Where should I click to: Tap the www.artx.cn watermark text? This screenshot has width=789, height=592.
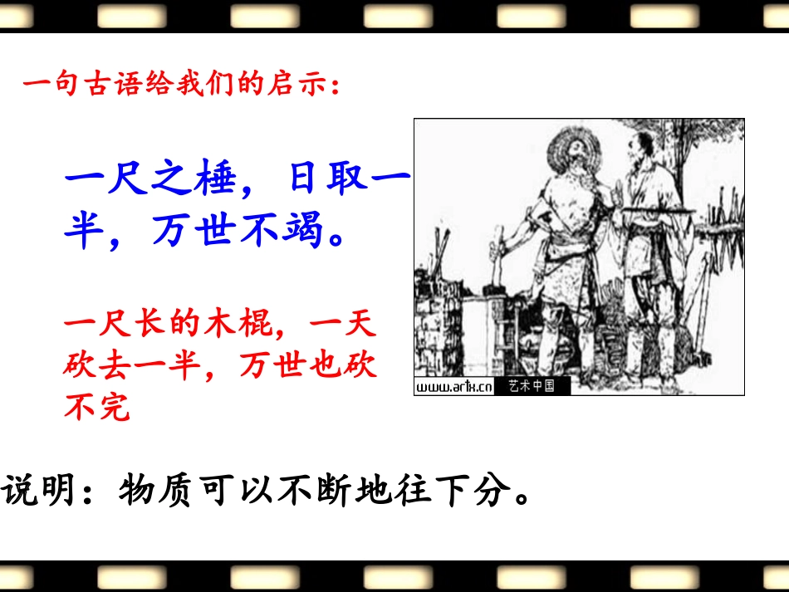pyautogui.click(x=453, y=387)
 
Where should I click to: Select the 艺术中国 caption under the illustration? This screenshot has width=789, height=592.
pyautogui.click(x=532, y=387)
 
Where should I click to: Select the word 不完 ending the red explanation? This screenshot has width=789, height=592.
pyautogui.click(x=97, y=408)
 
